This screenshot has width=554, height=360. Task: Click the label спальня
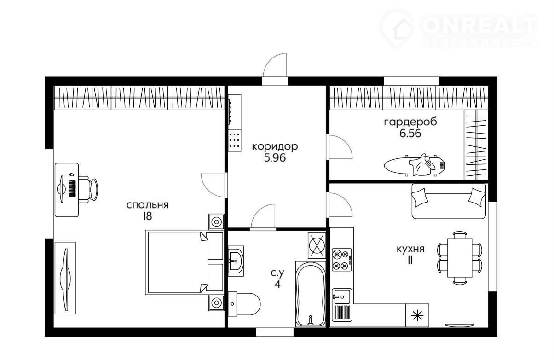(x=147, y=205)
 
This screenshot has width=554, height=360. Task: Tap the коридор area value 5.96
(x=275, y=158)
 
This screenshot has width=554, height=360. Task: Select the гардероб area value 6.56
(x=410, y=134)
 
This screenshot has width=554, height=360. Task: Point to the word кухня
(x=410, y=249)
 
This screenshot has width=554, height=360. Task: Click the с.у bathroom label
(x=277, y=273)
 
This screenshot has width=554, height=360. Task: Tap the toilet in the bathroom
(x=244, y=304)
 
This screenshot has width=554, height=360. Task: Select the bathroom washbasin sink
(x=236, y=261)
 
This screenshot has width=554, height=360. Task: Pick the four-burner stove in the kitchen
(x=341, y=260)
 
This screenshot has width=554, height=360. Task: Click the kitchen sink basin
(x=341, y=296)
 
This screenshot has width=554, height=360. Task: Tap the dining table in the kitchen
(x=460, y=258)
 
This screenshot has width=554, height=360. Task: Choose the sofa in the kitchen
(x=449, y=201)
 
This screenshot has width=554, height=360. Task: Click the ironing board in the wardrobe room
(x=415, y=165)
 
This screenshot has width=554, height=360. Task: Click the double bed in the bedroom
(x=185, y=262)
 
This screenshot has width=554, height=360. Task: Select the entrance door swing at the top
(x=275, y=65)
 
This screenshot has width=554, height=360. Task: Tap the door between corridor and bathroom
(x=263, y=216)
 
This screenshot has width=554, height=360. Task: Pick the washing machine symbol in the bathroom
(x=317, y=245)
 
